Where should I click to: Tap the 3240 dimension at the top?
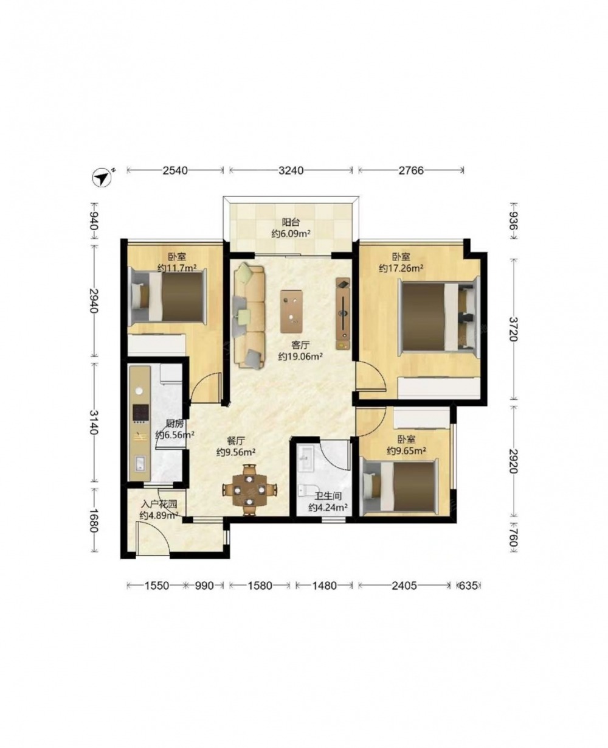291,170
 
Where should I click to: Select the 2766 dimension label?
411,170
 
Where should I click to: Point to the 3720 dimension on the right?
514,329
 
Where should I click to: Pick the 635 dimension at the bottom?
468,585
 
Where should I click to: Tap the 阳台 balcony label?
291,222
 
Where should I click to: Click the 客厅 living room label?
301,344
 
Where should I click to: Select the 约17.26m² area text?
401,268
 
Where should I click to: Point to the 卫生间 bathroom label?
328,496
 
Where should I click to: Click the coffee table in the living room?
291,311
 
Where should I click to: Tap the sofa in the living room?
249,316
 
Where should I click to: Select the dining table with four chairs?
249,489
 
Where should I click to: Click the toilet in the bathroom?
307,489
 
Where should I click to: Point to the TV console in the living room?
343,313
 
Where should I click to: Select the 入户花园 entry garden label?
159,505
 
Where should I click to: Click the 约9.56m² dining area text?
236,452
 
